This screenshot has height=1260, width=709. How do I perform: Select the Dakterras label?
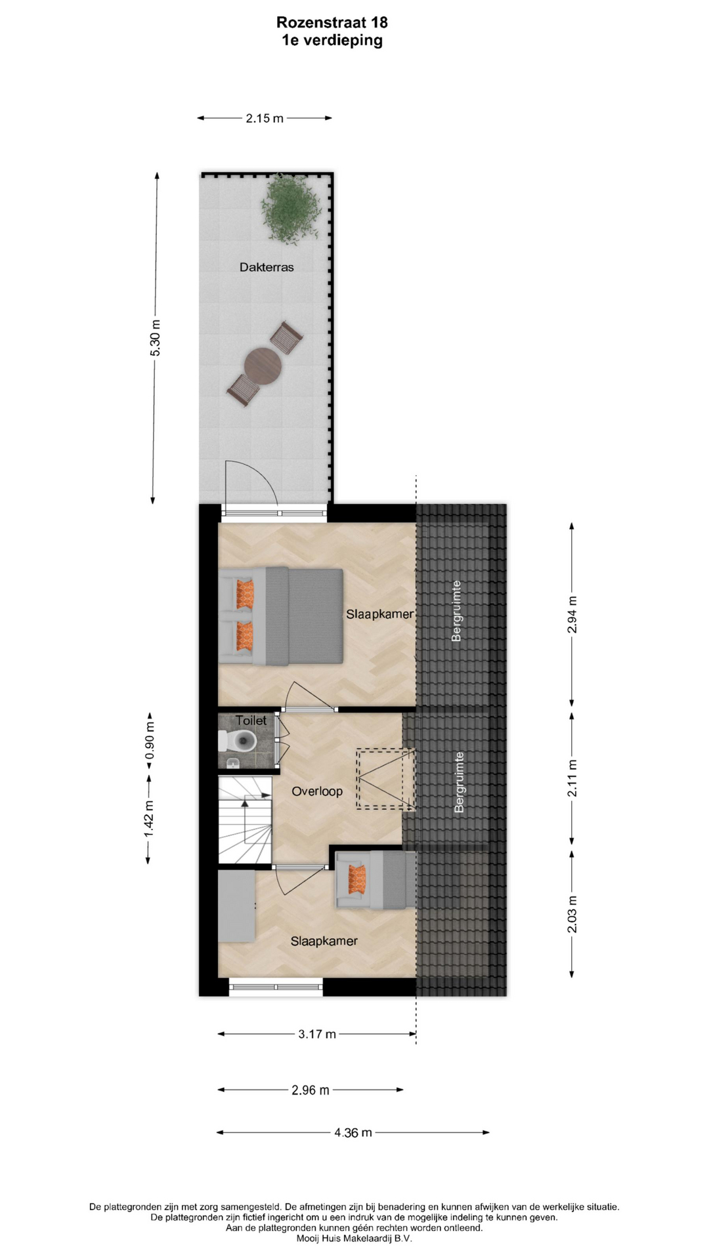267,267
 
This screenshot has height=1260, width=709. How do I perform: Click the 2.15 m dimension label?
265,118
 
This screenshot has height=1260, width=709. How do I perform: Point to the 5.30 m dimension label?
156,338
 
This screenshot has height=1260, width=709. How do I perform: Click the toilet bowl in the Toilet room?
240,741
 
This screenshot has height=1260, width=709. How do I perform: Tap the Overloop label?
317,791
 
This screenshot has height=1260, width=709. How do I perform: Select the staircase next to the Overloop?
245,820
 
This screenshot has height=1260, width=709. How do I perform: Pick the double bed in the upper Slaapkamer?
281,616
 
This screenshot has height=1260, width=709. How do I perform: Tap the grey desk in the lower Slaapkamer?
236,906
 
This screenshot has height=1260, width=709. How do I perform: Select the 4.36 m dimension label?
353,1132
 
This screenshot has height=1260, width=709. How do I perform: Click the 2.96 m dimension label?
311,1090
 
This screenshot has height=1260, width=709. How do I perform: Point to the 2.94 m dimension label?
572,614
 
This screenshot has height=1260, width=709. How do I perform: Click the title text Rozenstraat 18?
332,22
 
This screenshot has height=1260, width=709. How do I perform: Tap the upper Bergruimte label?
457,610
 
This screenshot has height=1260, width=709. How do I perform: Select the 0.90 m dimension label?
150,740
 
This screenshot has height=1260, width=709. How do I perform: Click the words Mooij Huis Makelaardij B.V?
354,1239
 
